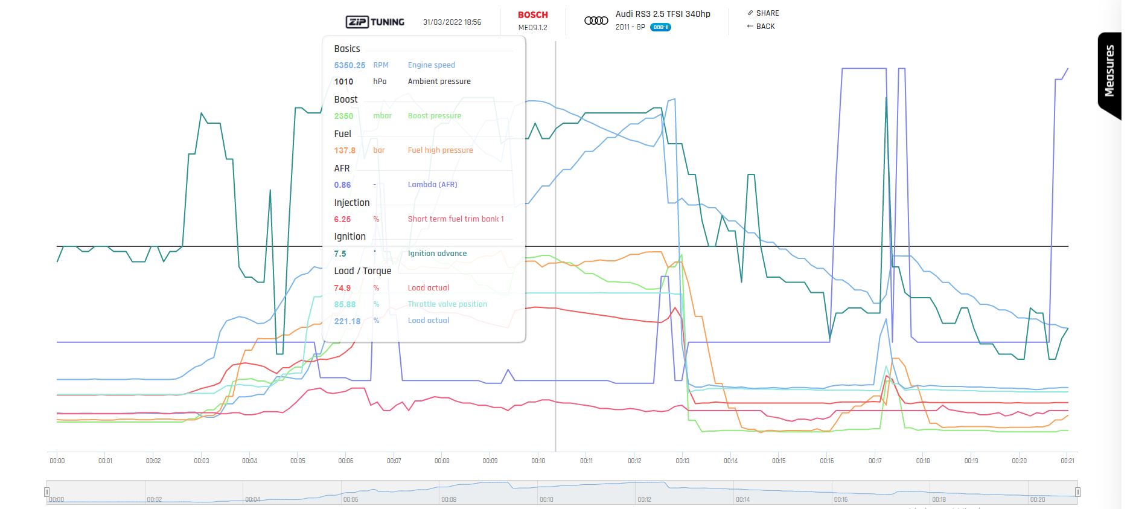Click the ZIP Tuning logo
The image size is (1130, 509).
[x=375, y=22]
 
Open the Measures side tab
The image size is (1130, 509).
[x=1109, y=71]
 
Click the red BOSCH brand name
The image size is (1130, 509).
[x=532, y=15]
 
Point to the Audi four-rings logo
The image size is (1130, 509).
[x=596, y=21]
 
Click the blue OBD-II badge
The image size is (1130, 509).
[x=660, y=27]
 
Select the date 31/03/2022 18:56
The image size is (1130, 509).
[x=452, y=22]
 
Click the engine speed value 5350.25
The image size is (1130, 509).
[x=350, y=65]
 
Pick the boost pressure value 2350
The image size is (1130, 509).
[x=343, y=116]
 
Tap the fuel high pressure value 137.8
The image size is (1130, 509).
[x=345, y=150]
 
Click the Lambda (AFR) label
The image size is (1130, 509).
[x=432, y=185]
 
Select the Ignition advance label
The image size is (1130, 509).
[x=437, y=254]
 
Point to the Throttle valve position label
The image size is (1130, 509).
[x=447, y=304]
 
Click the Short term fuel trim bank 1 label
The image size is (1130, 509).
[x=456, y=219]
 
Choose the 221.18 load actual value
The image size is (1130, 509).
[x=347, y=321]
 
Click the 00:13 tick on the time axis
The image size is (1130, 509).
[x=682, y=461]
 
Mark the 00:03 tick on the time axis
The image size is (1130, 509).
[x=201, y=461]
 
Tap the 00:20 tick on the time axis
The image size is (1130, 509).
[x=1019, y=461]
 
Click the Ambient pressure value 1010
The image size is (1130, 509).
[x=343, y=82]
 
